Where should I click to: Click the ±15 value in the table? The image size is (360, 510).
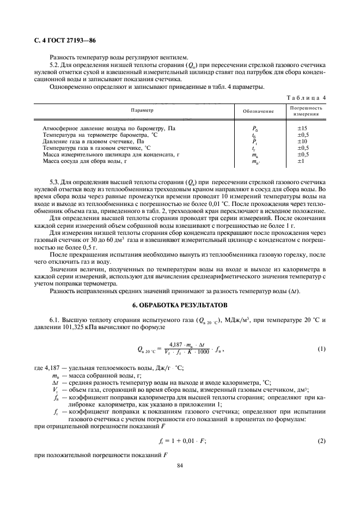[302, 129]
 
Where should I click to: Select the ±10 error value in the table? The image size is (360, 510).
[302, 141]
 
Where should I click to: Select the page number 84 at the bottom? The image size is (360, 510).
[180, 465]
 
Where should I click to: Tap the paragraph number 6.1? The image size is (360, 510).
[55, 320]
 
